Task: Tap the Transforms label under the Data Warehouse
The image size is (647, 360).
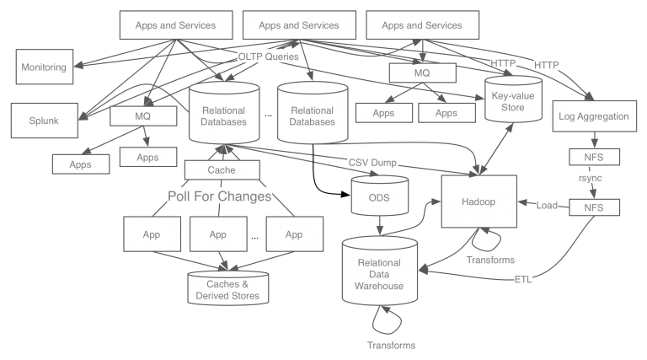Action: pos(392,345)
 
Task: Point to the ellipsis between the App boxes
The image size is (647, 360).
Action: pos(254,237)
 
